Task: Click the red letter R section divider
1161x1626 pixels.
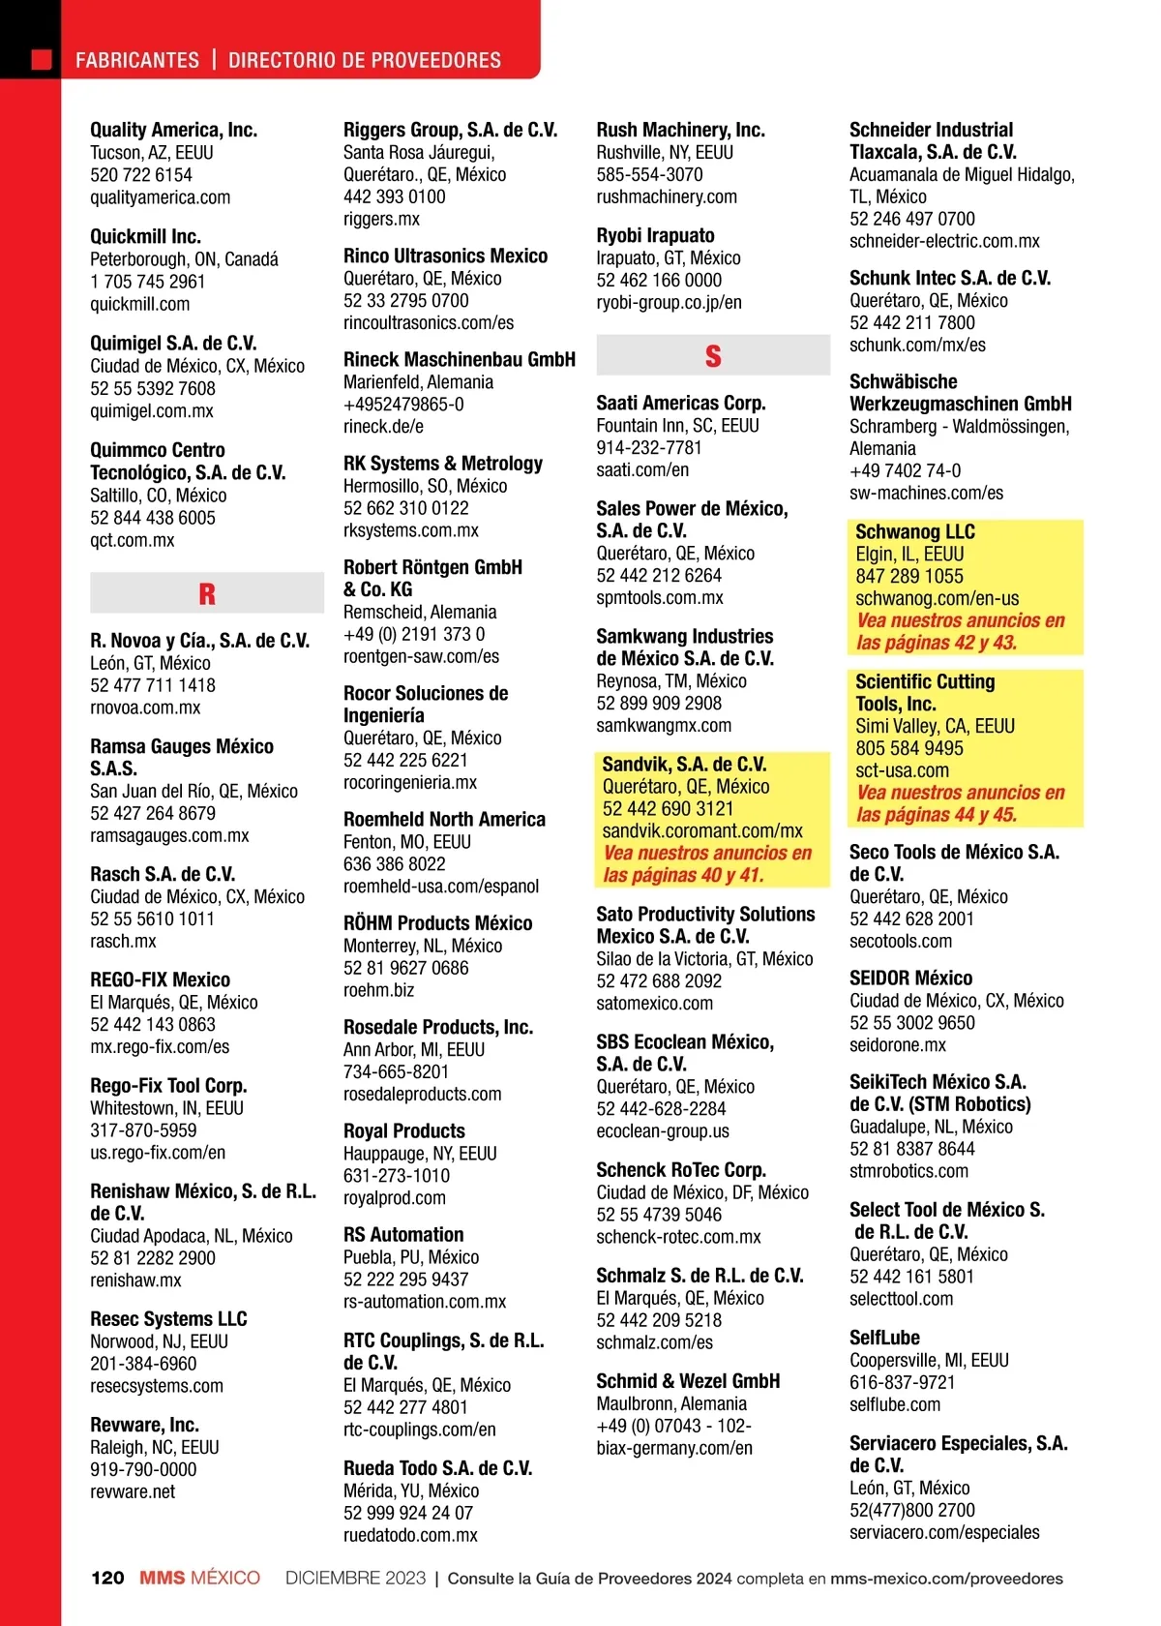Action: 207,593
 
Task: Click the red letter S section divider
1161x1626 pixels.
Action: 713,356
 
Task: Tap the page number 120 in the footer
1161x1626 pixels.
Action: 107,1578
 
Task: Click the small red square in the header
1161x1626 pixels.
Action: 42,60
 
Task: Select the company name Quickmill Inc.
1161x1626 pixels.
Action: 145,236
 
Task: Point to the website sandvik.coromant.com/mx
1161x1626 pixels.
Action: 702,830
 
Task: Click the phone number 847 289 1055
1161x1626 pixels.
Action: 908,576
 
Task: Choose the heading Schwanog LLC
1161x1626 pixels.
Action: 914,531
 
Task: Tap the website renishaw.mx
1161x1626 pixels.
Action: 135,1280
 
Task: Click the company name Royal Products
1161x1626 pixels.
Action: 403,1130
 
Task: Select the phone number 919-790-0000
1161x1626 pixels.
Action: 143,1469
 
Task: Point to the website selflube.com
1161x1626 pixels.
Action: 895,1404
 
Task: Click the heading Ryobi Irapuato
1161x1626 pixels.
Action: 655,235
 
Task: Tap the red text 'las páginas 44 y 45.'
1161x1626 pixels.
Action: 936,814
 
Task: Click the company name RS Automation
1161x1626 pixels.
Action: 402,1234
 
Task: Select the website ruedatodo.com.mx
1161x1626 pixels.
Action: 410,1535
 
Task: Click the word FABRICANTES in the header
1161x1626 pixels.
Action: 137,60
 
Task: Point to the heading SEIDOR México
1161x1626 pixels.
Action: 910,978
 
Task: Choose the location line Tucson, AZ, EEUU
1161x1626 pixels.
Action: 152,152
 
